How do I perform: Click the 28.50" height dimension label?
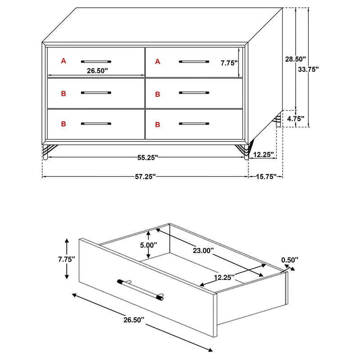coord(295,59)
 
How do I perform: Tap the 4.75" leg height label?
coord(295,119)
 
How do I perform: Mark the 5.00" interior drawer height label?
coord(148,245)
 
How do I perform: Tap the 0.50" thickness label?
coord(289,260)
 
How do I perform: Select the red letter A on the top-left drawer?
coord(63,61)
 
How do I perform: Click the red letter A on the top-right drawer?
coord(157,61)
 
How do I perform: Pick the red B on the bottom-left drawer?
coord(63,123)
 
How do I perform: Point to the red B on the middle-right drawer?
coord(157,94)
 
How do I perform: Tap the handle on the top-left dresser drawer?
coord(96,61)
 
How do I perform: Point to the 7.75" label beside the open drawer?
coord(67,259)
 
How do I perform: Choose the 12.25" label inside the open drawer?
coord(223,277)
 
